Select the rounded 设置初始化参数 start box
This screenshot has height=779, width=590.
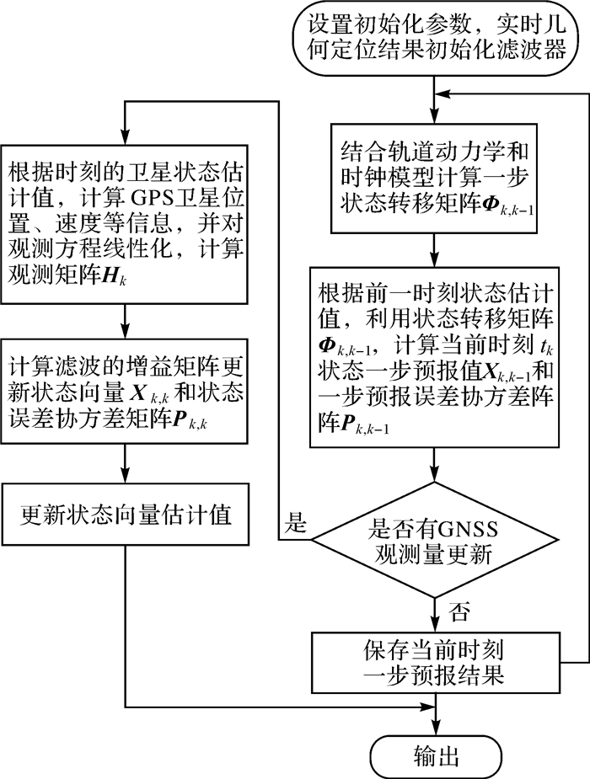click(435, 39)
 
